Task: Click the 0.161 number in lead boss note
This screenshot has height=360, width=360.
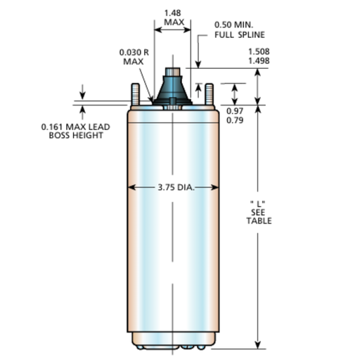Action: tap(53, 127)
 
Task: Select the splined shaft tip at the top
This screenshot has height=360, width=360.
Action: tap(172, 72)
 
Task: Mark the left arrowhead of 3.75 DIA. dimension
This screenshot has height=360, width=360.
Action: tap(131, 188)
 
